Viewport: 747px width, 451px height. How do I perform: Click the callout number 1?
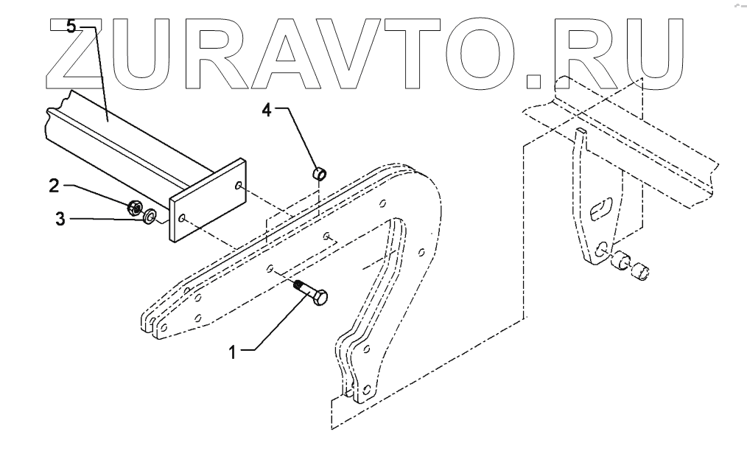pyautogui.click(x=232, y=353)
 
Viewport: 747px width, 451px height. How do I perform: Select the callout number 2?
pyautogui.click(x=54, y=185)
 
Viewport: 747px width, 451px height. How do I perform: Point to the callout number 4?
pyautogui.click(x=267, y=111)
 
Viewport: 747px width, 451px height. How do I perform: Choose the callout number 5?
pyautogui.click(x=71, y=27)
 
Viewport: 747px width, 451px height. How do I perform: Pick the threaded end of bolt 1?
pyautogui.click(x=298, y=285)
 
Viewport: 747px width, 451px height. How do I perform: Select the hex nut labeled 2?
pyautogui.click(x=135, y=207)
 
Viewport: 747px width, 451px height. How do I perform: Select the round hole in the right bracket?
pyautogui.click(x=603, y=249)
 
